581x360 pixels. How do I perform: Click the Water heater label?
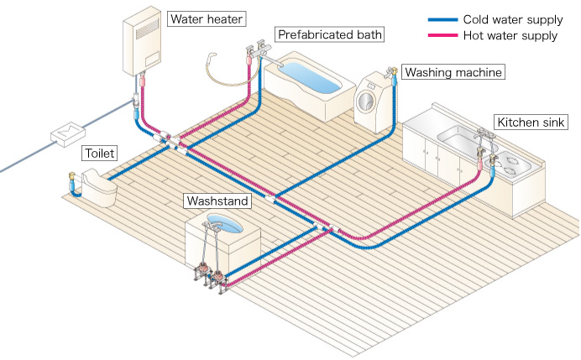pos(207,19)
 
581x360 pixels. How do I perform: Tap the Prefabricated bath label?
pos(329,34)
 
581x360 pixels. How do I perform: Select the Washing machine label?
pos(453,72)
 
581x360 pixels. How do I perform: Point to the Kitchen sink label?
pos(531,123)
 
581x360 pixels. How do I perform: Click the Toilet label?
pos(99,153)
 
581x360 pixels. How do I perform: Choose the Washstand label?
pos(217,201)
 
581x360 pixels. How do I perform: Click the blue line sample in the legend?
pos(442,19)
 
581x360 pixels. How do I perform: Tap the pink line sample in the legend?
pos(442,35)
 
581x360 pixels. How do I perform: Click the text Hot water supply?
pos(510,35)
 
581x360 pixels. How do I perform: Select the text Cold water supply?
pos(513,19)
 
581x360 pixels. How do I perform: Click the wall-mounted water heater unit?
pos(142,41)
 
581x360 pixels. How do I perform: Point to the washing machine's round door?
pos(365,101)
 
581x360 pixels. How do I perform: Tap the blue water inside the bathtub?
pos(313,77)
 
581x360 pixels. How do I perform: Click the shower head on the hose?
pos(212,57)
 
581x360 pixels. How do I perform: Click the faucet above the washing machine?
pos(391,72)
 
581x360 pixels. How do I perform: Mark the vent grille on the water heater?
pos(147,29)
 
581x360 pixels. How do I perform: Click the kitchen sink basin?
pos(458,138)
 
